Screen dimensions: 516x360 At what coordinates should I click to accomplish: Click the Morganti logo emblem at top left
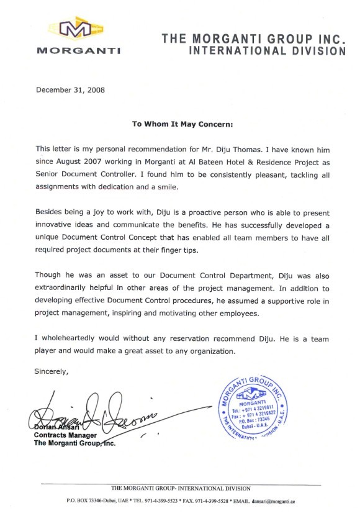78,29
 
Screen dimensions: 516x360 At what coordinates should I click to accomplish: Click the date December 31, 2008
70,89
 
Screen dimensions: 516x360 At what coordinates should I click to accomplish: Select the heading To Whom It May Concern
182,124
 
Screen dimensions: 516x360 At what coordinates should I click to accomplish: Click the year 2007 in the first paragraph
102,162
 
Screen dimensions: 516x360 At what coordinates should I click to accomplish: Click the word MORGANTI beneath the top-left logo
78,50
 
